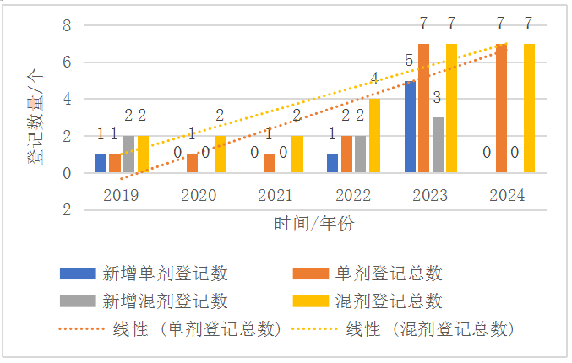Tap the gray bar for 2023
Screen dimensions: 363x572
coord(438,145)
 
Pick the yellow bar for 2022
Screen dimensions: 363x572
coord(374,136)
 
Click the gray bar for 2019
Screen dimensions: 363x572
coord(128,154)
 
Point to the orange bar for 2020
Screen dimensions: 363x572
coord(192,164)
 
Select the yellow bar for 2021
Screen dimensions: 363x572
coord(297,154)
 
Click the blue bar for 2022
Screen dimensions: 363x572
coord(333,164)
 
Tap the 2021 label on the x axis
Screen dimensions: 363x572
coord(276,196)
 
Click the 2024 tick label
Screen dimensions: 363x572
coord(507,196)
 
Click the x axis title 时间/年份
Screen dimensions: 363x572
coord(314,224)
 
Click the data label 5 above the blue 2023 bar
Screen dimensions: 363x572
coord(410,61)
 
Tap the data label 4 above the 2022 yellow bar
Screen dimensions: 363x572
coord(374,80)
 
